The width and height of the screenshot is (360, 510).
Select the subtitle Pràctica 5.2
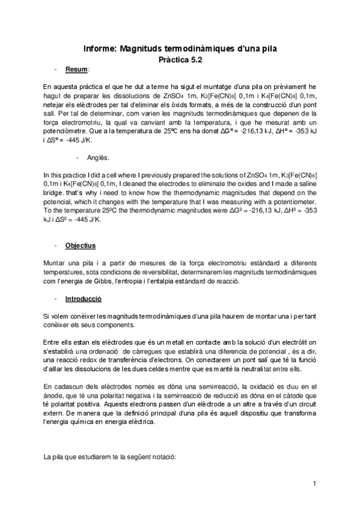click(x=180, y=60)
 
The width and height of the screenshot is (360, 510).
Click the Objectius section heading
click(x=81, y=246)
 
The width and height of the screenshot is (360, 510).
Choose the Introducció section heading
click(x=84, y=298)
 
